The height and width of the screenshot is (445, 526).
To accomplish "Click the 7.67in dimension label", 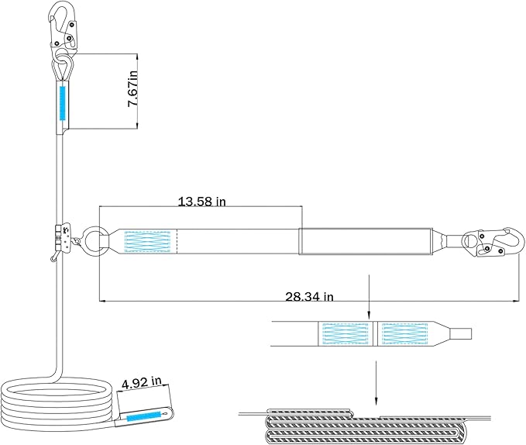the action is [132, 89].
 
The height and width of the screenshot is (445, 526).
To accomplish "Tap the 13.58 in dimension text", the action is [201, 202].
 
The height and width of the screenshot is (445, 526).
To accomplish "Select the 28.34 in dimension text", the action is [309, 297].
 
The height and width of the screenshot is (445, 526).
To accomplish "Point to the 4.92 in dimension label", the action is [142, 382].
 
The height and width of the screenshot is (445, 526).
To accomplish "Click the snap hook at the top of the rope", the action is [63, 29].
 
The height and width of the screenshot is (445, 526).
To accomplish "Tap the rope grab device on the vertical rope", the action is [63, 239].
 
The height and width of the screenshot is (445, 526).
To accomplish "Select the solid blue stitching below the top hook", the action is [62, 103].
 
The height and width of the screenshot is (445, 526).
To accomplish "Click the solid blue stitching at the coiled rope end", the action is [144, 416].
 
